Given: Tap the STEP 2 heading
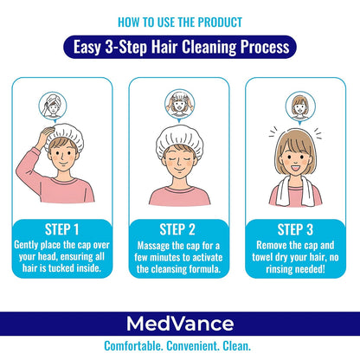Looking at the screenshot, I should (179, 229).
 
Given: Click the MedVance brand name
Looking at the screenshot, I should (180, 325).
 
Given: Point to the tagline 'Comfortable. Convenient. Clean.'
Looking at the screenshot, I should (180, 348).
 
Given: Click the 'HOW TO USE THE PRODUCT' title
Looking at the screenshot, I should (180, 21).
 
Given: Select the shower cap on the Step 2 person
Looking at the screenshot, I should (180, 137).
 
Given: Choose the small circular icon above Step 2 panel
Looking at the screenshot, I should (180, 101).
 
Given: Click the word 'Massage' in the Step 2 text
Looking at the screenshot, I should (151, 245).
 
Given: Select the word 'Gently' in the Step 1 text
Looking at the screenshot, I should (29, 245).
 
